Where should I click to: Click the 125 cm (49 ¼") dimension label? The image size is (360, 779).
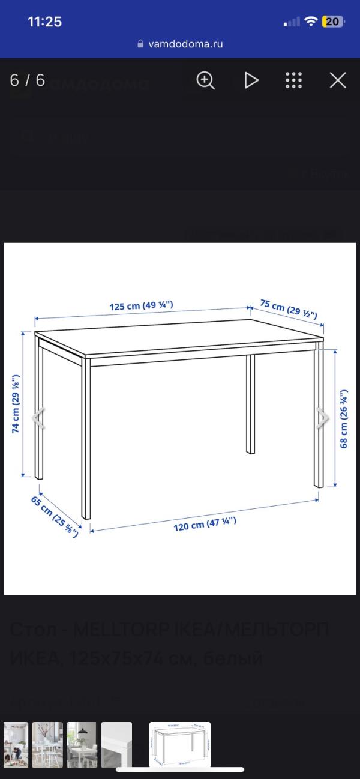(141, 305)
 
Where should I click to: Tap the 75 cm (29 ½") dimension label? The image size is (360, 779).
(288, 308)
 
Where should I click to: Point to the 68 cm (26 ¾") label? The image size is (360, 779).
(344, 420)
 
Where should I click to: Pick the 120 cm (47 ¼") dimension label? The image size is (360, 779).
(205, 524)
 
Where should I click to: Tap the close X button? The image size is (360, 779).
(338, 80)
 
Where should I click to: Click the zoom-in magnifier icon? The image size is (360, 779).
(205, 80)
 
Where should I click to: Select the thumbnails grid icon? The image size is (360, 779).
(293, 80)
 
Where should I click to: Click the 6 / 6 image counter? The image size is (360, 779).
(28, 80)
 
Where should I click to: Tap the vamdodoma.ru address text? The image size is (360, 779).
(185, 44)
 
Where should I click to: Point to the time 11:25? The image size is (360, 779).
(45, 22)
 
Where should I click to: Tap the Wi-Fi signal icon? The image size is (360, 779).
(310, 22)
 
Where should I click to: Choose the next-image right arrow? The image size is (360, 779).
(323, 418)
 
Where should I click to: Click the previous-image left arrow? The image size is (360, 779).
(39, 418)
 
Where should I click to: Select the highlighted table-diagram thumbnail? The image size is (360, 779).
(179, 744)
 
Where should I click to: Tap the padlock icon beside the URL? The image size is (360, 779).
(141, 44)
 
